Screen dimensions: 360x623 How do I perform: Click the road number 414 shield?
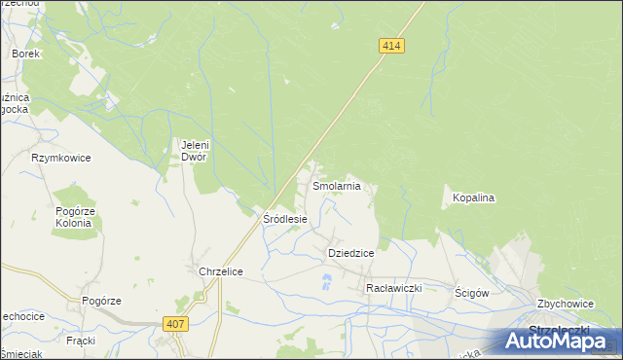click(391, 46)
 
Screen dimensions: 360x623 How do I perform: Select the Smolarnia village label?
click(336, 185)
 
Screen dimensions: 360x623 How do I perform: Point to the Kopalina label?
click(474, 198)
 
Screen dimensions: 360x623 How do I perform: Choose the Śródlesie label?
click(285, 219)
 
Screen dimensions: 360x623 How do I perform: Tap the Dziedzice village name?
click(350, 252)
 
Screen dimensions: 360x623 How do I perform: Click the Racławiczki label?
click(392, 288)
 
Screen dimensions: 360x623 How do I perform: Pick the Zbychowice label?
click(564, 304)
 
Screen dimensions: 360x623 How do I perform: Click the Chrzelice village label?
click(220, 271)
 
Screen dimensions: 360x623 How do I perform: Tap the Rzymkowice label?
click(60, 157)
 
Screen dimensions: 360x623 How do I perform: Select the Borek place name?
click(25, 54)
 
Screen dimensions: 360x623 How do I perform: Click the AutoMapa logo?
click(559, 341)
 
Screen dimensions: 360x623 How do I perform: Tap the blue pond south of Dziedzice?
click(326, 282)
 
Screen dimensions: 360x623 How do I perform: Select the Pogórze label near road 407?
click(101, 301)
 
